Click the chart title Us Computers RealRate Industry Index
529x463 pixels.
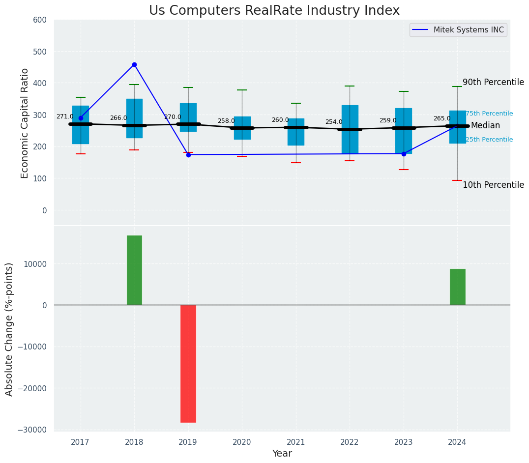274,11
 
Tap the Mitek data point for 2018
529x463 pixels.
134,64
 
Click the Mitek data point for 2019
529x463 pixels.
188,155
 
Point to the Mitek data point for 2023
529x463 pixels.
404,154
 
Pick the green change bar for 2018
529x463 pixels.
134,270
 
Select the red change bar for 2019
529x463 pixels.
188,363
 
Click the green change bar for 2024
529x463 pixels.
457,287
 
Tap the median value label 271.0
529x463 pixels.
65,117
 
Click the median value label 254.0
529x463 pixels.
334,122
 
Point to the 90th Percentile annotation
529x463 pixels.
493,83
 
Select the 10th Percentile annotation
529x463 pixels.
493,185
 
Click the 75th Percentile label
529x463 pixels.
489,114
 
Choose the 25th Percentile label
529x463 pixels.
489,140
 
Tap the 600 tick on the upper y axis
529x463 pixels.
40,20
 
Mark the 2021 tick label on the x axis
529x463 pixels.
296,442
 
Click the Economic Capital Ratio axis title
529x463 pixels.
25,122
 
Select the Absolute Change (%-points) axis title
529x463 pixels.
9,329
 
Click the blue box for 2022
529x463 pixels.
350,129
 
